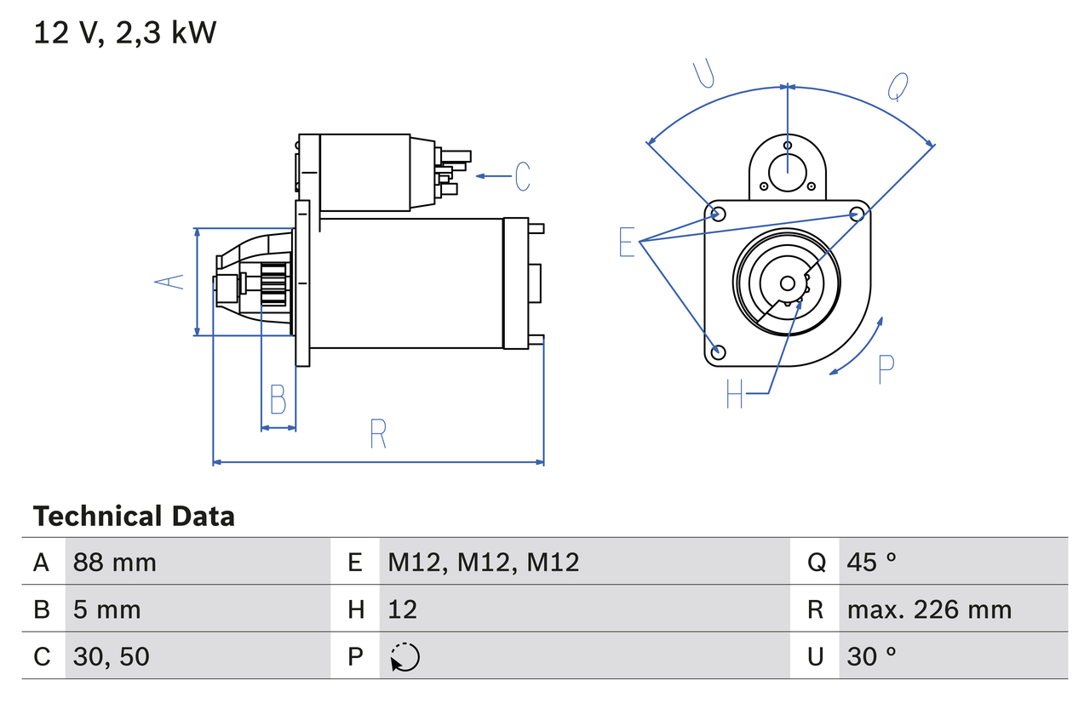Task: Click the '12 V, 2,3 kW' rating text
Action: [x=125, y=33]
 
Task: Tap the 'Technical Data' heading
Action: [x=134, y=517]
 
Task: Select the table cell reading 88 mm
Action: [x=115, y=562]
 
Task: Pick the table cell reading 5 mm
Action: [x=107, y=609]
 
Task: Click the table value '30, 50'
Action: [x=112, y=656]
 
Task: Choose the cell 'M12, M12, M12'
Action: [x=483, y=562]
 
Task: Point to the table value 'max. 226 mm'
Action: [x=929, y=609]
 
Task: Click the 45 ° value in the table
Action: [x=872, y=562]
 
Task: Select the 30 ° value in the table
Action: [x=872, y=656]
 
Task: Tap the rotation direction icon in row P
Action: [x=404, y=657]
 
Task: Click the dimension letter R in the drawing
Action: [x=378, y=434]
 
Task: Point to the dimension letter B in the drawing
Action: [x=278, y=399]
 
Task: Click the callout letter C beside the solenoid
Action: [x=522, y=176]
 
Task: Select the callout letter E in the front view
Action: [x=627, y=243]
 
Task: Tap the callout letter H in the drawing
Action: [x=735, y=393]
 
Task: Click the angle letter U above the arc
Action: [x=703, y=74]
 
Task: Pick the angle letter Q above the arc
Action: [x=898, y=86]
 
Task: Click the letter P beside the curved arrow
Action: [x=886, y=369]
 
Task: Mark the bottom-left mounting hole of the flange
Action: [x=718, y=352]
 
